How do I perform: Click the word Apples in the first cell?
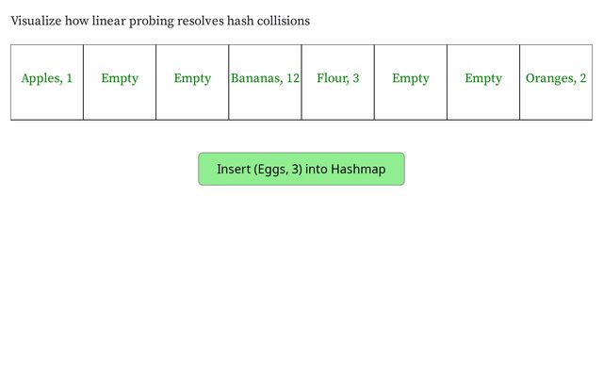pyautogui.click(x=41, y=78)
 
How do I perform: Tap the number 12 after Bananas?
pyautogui.click(x=293, y=78)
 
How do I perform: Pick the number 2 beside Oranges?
pyautogui.click(x=583, y=78)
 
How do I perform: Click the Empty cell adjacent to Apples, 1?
pyautogui.click(x=120, y=82)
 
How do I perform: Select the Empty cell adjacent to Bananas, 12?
pyautogui.click(x=192, y=82)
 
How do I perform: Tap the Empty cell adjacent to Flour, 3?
pyautogui.click(x=411, y=82)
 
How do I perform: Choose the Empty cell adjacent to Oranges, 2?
pyautogui.click(x=483, y=82)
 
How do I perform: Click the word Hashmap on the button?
pyautogui.click(x=358, y=170)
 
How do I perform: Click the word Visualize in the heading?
pyautogui.click(x=36, y=21)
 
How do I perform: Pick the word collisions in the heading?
pyautogui.click(x=284, y=21)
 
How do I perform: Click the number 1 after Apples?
pyautogui.click(x=69, y=78)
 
